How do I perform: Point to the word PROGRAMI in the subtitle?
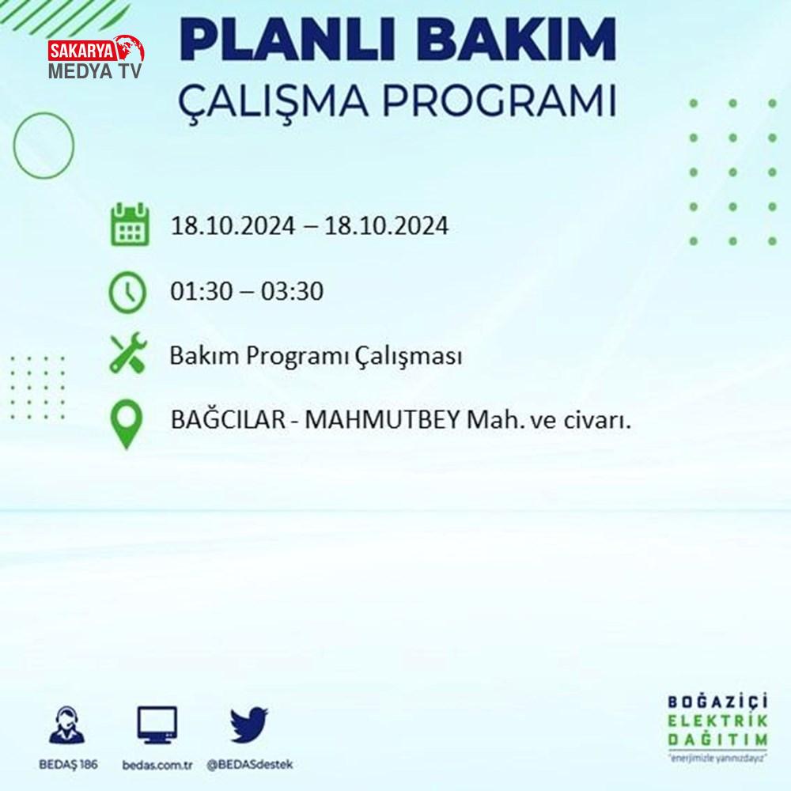[499, 100]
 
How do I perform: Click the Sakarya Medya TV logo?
[96, 58]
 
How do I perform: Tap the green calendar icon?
[131, 225]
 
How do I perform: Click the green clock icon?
[127, 293]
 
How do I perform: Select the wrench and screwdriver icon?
[129, 353]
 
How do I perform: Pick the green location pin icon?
[126, 424]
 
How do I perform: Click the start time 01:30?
[202, 291]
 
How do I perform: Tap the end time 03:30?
[292, 291]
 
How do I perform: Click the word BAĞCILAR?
[228, 418]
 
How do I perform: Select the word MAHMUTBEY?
[382, 419]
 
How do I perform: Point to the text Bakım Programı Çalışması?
[316, 356]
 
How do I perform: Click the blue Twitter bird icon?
[248, 725]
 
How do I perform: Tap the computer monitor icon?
[157, 725]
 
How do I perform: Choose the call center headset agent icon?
[67, 725]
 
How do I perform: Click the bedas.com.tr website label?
[157, 765]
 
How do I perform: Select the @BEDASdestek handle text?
[250, 765]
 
